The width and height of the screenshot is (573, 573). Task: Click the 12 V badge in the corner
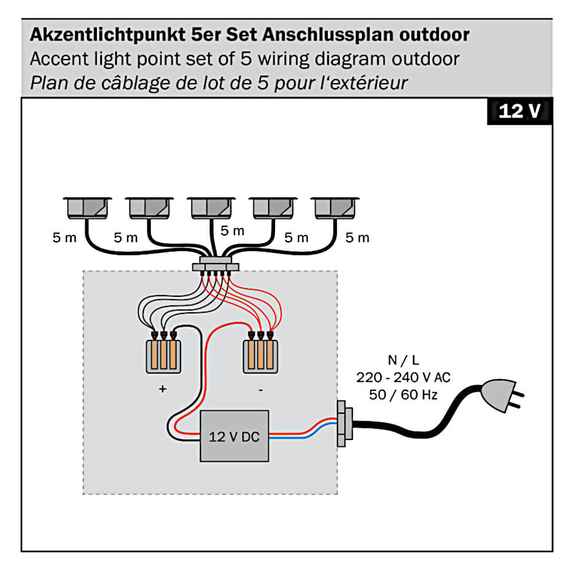(x=519, y=112)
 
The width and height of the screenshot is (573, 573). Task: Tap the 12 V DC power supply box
(x=234, y=436)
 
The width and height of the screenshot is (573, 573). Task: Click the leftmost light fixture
(x=87, y=208)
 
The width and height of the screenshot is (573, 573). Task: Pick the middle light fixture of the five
(x=211, y=208)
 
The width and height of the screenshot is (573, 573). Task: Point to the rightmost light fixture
(x=335, y=208)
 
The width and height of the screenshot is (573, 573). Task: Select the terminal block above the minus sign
(x=261, y=356)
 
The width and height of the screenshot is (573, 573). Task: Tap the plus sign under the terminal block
(x=163, y=389)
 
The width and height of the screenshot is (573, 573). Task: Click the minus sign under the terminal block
(x=261, y=390)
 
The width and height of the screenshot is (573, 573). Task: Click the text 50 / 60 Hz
(x=403, y=395)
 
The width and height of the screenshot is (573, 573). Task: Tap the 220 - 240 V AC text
(x=403, y=378)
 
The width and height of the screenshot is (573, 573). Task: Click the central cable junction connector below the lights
(x=215, y=267)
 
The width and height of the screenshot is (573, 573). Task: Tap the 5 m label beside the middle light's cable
(x=232, y=231)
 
